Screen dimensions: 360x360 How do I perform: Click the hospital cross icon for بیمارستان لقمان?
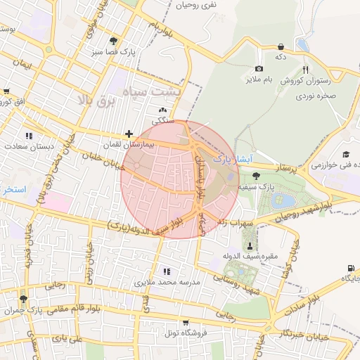[x=129, y=134]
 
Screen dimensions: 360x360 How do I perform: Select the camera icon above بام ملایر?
[x=259, y=69]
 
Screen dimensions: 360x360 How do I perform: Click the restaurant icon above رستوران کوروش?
[x=305, y=70]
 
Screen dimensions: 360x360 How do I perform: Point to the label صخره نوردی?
[x=319, y=94]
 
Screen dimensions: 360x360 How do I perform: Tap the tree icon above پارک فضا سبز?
[x=115, y=40]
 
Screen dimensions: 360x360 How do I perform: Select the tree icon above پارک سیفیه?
[x=255, y=176]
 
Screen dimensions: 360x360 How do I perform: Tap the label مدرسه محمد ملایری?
[x=166, y=282]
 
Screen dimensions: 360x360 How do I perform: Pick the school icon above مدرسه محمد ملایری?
[x=166, y=271]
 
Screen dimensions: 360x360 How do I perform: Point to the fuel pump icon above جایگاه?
[x=350, y=268]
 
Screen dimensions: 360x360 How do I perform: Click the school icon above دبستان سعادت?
[x=28, y=135]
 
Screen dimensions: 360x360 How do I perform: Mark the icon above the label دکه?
[x=281, y=46]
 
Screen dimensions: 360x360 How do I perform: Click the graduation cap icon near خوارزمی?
[x=346, y=154]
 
